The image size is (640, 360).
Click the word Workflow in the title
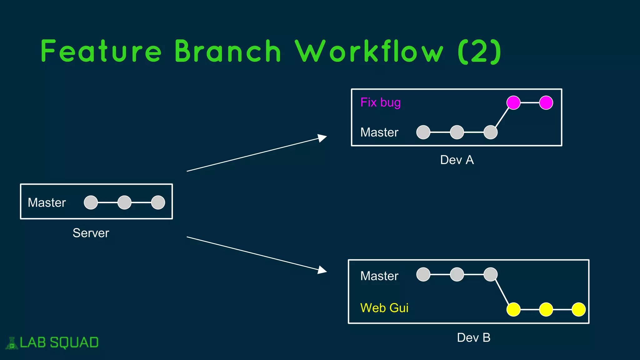369,52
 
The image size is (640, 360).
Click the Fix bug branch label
380,102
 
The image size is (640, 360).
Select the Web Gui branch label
384,308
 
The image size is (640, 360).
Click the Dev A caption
457,160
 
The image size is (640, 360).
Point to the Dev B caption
473,337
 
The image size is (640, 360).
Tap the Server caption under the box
91,233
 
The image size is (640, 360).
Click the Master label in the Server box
47,202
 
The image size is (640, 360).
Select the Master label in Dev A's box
379,132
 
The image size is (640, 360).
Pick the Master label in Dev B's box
379,276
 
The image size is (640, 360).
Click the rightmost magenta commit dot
546,102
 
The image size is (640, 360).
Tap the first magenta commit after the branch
513,102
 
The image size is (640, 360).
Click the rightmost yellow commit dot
578,309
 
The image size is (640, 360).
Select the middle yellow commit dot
546,309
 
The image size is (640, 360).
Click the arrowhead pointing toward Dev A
322,138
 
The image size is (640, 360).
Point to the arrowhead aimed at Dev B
322,270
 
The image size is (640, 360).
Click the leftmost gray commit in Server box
91,202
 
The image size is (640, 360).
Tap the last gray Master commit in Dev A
490,132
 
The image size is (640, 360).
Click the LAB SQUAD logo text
59,342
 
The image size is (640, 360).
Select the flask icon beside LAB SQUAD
12,343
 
